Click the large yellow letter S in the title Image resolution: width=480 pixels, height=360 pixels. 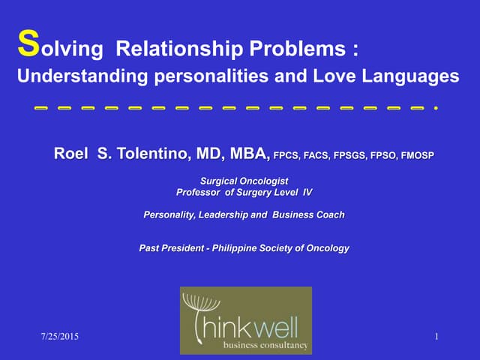[26, 45]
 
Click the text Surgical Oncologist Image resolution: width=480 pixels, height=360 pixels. [244, 181]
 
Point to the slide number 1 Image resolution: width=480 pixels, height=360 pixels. [436, 338]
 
